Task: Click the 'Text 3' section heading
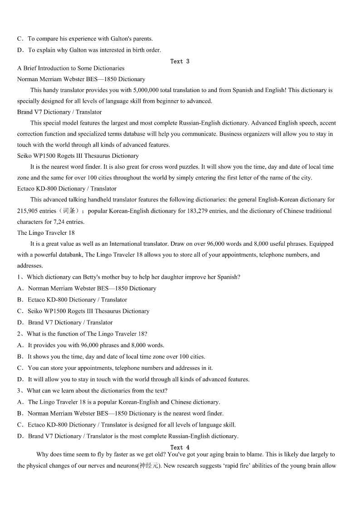180,61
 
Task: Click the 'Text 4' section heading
180,447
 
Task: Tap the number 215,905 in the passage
27,211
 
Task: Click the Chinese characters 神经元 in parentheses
147,466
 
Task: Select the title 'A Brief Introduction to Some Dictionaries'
71,68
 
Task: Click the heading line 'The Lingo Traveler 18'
46,233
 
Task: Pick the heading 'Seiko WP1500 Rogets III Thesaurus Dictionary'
78,156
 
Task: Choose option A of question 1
92,288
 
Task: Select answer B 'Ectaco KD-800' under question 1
77,300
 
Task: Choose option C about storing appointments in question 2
120,368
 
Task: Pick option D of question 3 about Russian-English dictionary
133,436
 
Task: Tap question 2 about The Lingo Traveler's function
87,334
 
